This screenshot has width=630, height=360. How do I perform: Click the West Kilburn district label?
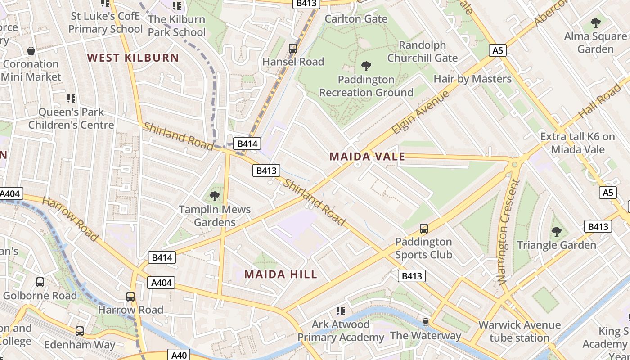(133, 58)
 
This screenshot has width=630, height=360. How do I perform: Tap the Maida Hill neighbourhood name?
(281, 274)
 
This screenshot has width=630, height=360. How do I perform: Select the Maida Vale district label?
(367, 157)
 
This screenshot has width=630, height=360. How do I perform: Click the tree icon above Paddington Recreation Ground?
(366, 66)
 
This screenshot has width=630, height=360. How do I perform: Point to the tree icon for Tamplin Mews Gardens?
(215, 196)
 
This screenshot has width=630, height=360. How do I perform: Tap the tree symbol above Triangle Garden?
(557, 232)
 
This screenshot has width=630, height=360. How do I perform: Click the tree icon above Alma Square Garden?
(596, 22)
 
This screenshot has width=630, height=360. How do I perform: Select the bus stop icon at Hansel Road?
(293, 48)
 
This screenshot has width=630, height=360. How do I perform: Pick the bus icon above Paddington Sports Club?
(423, 228)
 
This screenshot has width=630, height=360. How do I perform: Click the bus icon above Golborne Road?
(40, 282)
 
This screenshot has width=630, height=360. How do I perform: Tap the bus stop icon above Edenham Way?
(80, 331)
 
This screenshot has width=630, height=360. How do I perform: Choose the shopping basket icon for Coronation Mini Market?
(31, 51)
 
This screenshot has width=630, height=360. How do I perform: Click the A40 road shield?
(179, 355)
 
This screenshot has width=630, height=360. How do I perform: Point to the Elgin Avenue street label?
(420, 112)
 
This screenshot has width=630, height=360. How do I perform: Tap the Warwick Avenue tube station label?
(519, 331)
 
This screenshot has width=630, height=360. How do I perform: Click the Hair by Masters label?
(472, 79)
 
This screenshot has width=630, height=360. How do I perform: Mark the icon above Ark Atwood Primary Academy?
(341, 310)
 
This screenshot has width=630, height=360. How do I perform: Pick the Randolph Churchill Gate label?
(423, 51)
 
